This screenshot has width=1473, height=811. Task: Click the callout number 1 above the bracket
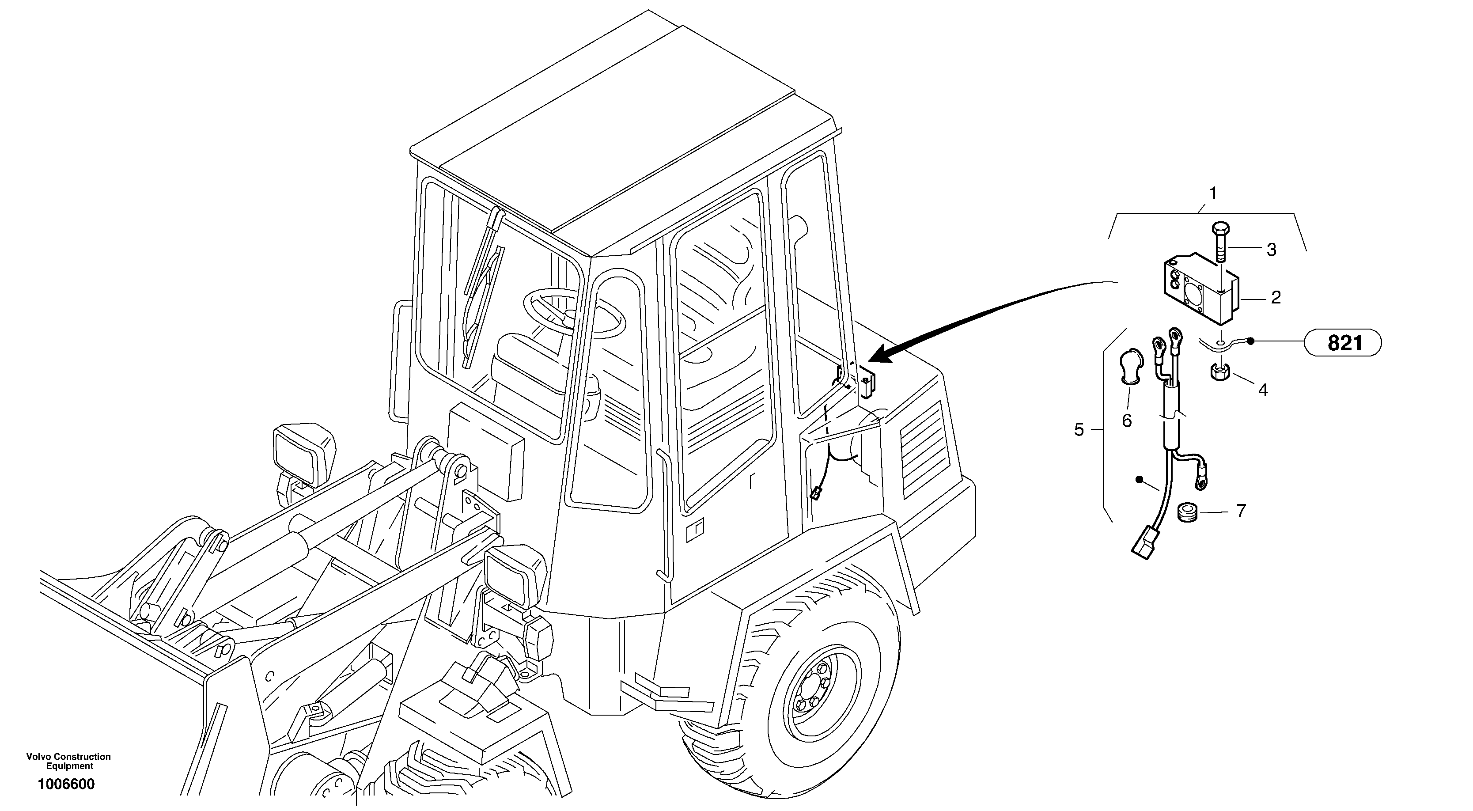pos(1213,194)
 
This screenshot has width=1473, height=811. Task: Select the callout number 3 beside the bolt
pos(1271,250)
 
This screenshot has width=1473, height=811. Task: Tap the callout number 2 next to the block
pos(1275,297)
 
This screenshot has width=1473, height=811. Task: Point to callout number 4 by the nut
pos(1263,390)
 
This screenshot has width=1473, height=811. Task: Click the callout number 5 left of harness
pos(1079,429)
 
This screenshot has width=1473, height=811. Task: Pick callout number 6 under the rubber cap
pos(1126,421)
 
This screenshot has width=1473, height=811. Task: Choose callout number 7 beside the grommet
pos(1240,511)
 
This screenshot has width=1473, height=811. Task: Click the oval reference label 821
pos(1344,343)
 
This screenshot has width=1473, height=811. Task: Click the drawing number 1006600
pos(66,784)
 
